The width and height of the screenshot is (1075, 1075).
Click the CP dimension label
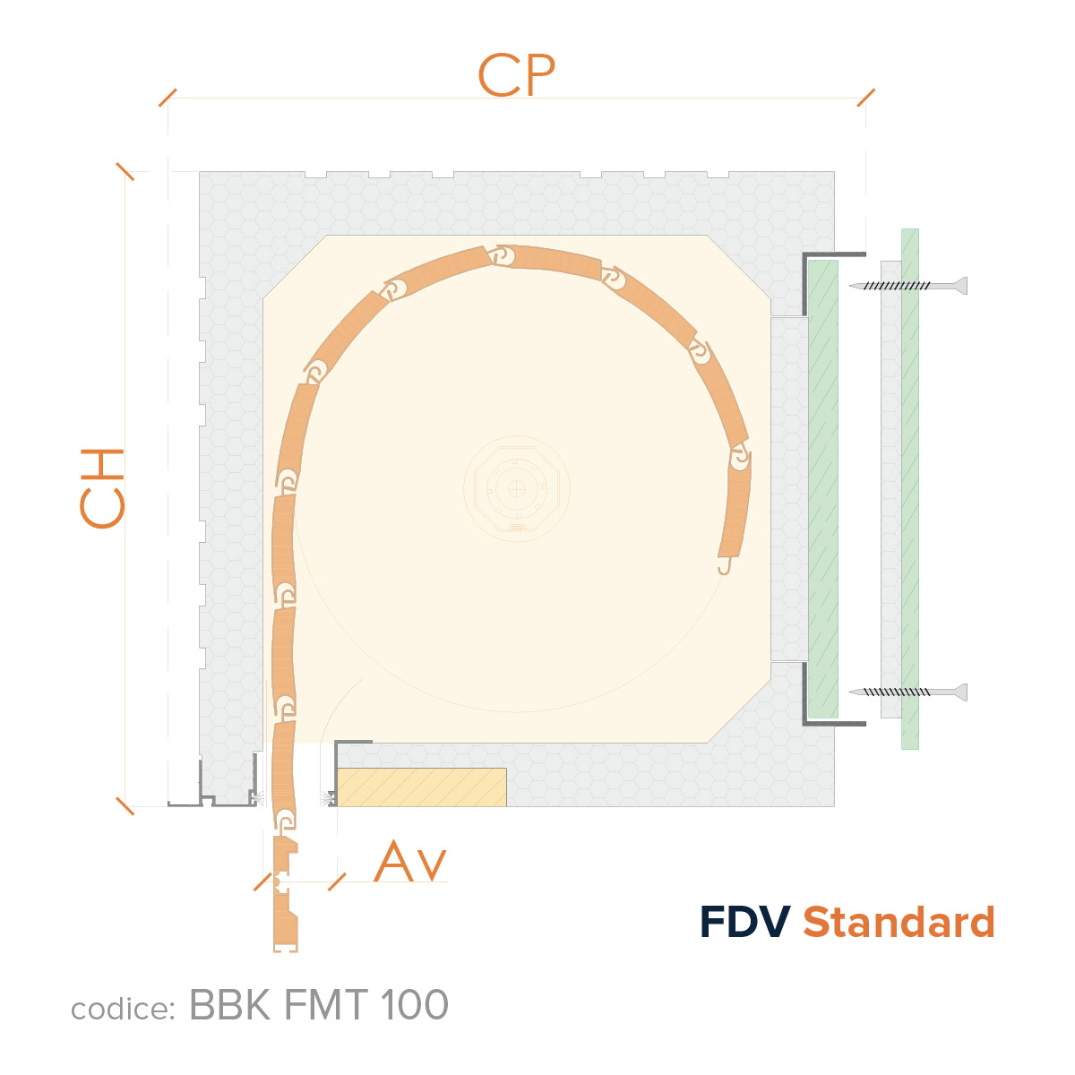[516, 74]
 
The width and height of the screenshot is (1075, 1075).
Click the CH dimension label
[101, 488]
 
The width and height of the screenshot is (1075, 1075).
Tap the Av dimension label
[410, 861]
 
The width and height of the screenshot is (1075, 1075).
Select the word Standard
[899, 922]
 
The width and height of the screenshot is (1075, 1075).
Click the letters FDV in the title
[744, 922]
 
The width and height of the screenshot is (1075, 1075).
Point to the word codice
[124, 1010]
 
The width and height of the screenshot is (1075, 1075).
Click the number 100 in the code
[415, 1005]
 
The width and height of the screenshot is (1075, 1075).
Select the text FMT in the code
[326, 1005]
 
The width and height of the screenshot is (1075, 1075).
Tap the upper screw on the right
[907, 286]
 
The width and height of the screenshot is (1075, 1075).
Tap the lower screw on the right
[907, 692]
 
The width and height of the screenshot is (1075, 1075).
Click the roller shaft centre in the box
[517, 489]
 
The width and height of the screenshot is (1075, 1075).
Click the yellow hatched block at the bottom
[422, 787]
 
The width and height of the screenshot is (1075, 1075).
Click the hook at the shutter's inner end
[724, 566]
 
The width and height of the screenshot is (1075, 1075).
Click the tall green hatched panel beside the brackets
[823, 489]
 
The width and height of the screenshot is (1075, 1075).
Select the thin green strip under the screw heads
[910, 489]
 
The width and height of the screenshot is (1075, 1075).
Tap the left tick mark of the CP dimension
[168, 98]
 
